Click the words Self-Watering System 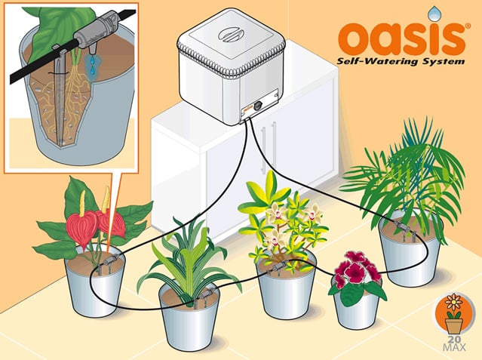(401, 60)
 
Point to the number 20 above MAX (454, 340)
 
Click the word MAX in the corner (454, 348)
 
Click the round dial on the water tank (259, 106)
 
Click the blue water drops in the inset (91, 65)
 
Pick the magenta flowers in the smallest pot (356, 272)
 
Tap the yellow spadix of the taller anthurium (106, 198)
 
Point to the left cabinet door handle (263, 150)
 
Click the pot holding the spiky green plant (189, 318)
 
